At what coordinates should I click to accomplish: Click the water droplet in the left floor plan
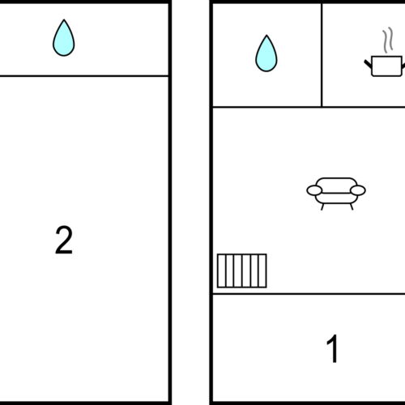(63, 38)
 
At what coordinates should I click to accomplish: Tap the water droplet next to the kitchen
(266, 53)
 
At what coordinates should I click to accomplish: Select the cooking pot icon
(383, 65)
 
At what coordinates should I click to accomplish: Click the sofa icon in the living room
(336, 191)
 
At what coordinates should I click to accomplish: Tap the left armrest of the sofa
(314, 190)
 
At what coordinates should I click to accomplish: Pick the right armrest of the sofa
(358, 190)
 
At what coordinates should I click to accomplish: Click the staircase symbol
(241, 271)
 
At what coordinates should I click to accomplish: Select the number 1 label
(332, 349)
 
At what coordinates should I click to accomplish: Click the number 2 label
(64, 241)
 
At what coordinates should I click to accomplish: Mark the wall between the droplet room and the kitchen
(322, 54)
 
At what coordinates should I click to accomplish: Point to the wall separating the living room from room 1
(308, 294)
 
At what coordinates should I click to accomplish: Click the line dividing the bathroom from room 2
(84, 76)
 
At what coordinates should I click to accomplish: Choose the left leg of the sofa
(323, 206)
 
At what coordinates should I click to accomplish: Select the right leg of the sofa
(349, 206)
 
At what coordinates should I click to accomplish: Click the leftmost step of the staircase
(221, 271)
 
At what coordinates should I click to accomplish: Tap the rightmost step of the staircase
(262, 271)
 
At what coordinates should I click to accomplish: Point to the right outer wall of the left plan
(170, 202)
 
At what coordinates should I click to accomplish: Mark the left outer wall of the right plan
(211, 202)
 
